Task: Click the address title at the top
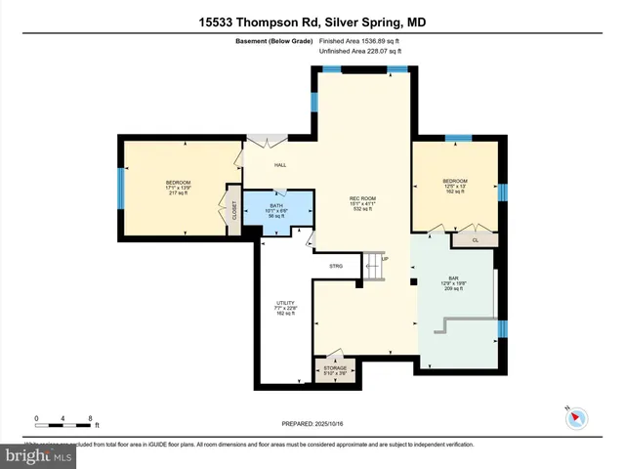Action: coord(312,21)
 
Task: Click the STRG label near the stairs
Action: coord(335,265)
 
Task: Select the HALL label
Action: coord(279,165)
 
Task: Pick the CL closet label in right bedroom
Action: coord(476,239)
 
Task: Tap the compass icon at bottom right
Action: coord(575,418)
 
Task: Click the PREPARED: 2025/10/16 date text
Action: coord(312,423)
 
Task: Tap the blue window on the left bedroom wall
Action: coord(120,186)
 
